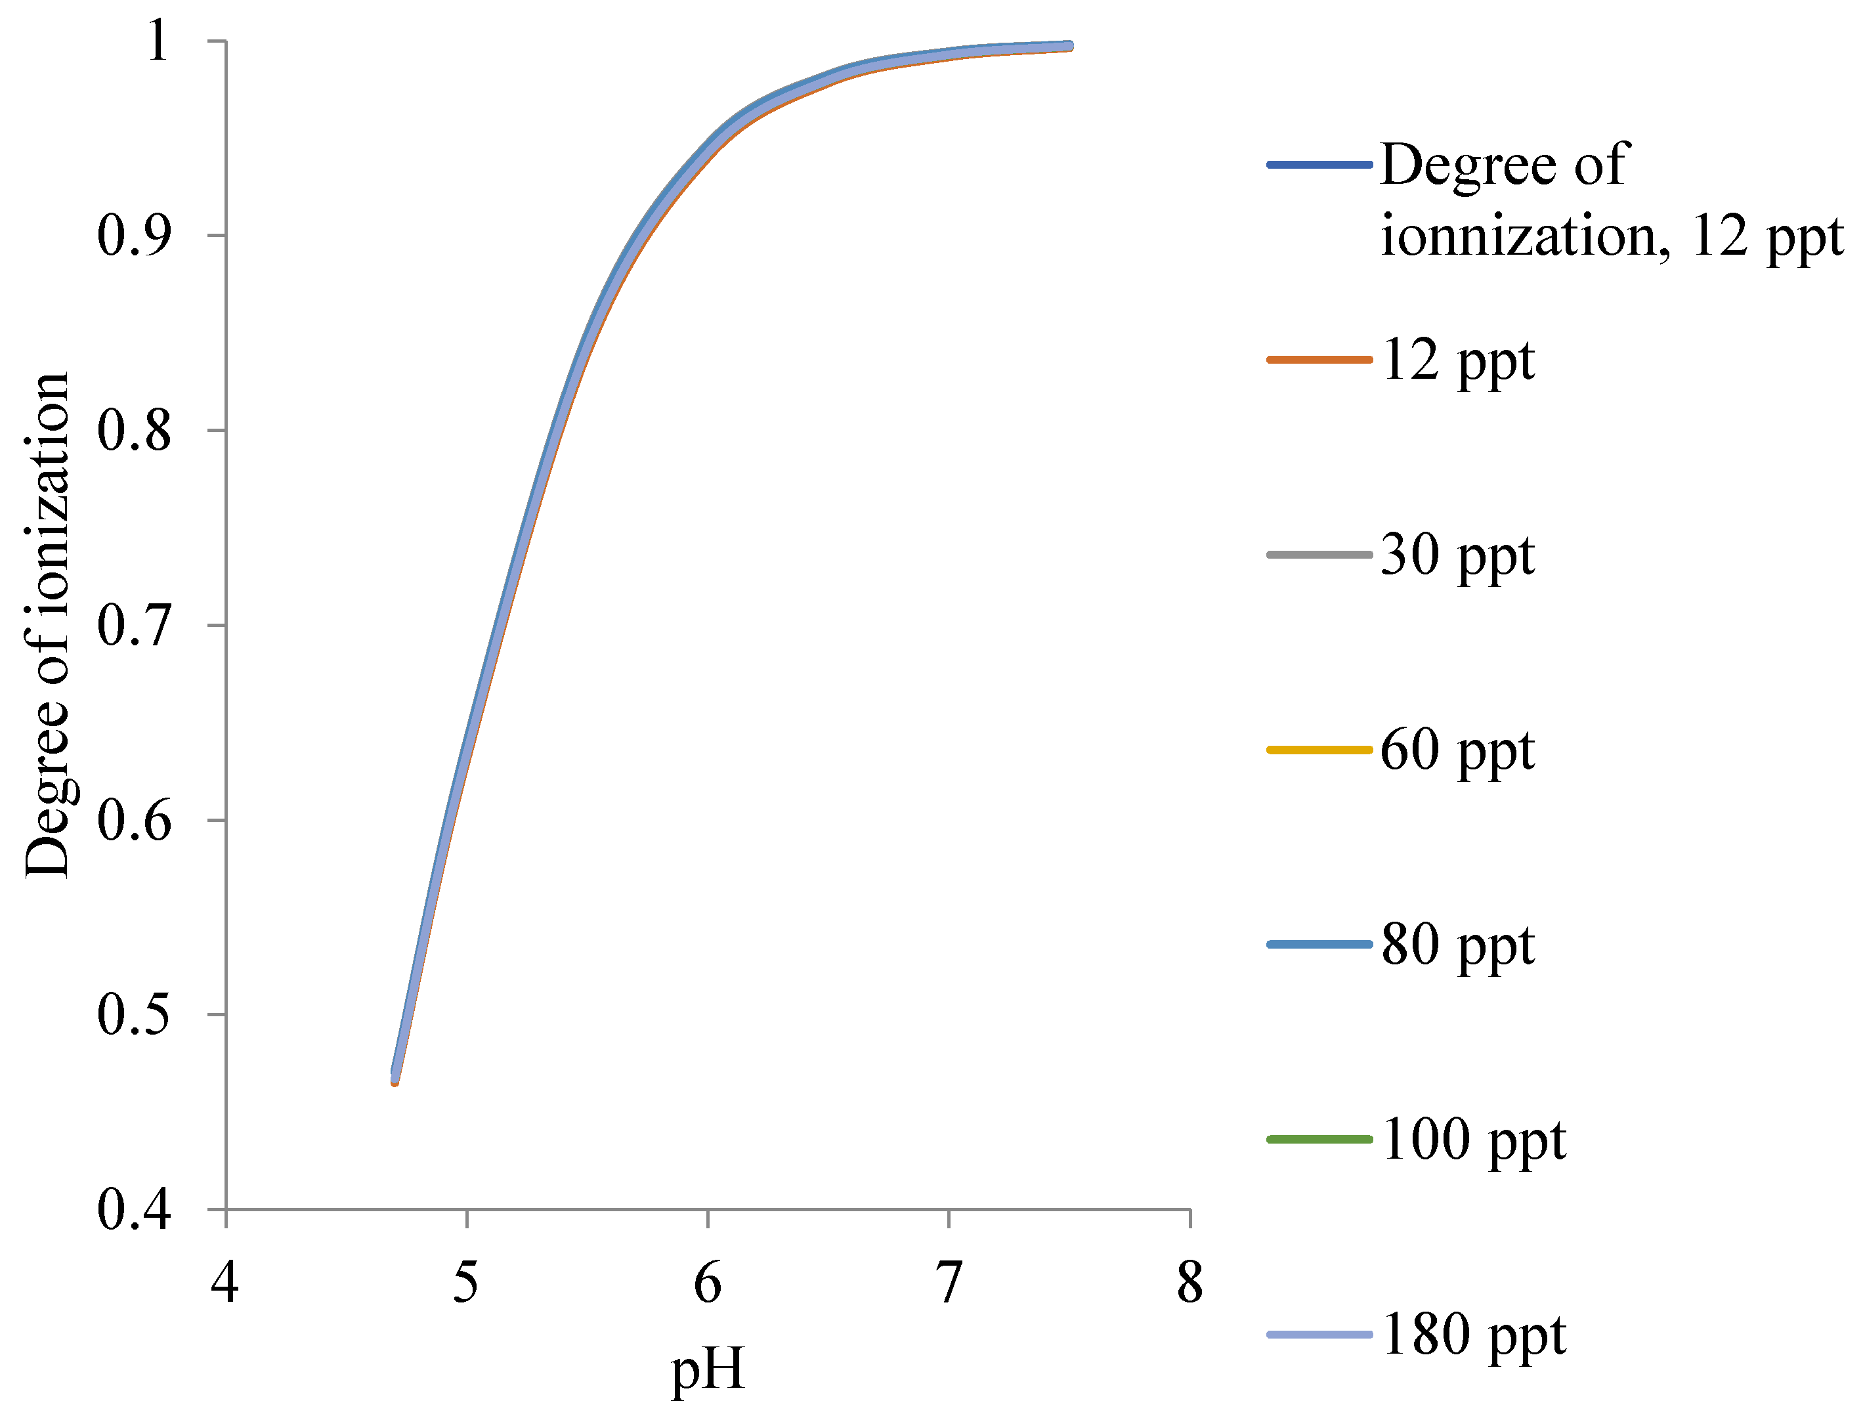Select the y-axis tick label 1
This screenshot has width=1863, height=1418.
click(157, 41)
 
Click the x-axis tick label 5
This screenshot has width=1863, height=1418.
click(466, 1283)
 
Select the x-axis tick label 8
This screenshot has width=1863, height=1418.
click(1190, 1283)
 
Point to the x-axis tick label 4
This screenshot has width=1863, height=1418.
click(225, 1283)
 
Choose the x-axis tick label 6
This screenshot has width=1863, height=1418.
click(708, 1283)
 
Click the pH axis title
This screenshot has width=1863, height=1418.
click(708, 1368)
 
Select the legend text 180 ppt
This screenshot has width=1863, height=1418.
click(1473, 1335)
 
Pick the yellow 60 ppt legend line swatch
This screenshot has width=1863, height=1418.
click(1319, 750)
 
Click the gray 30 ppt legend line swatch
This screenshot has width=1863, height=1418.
click(1319, 555)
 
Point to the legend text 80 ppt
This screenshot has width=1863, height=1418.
click(1457, 945)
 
